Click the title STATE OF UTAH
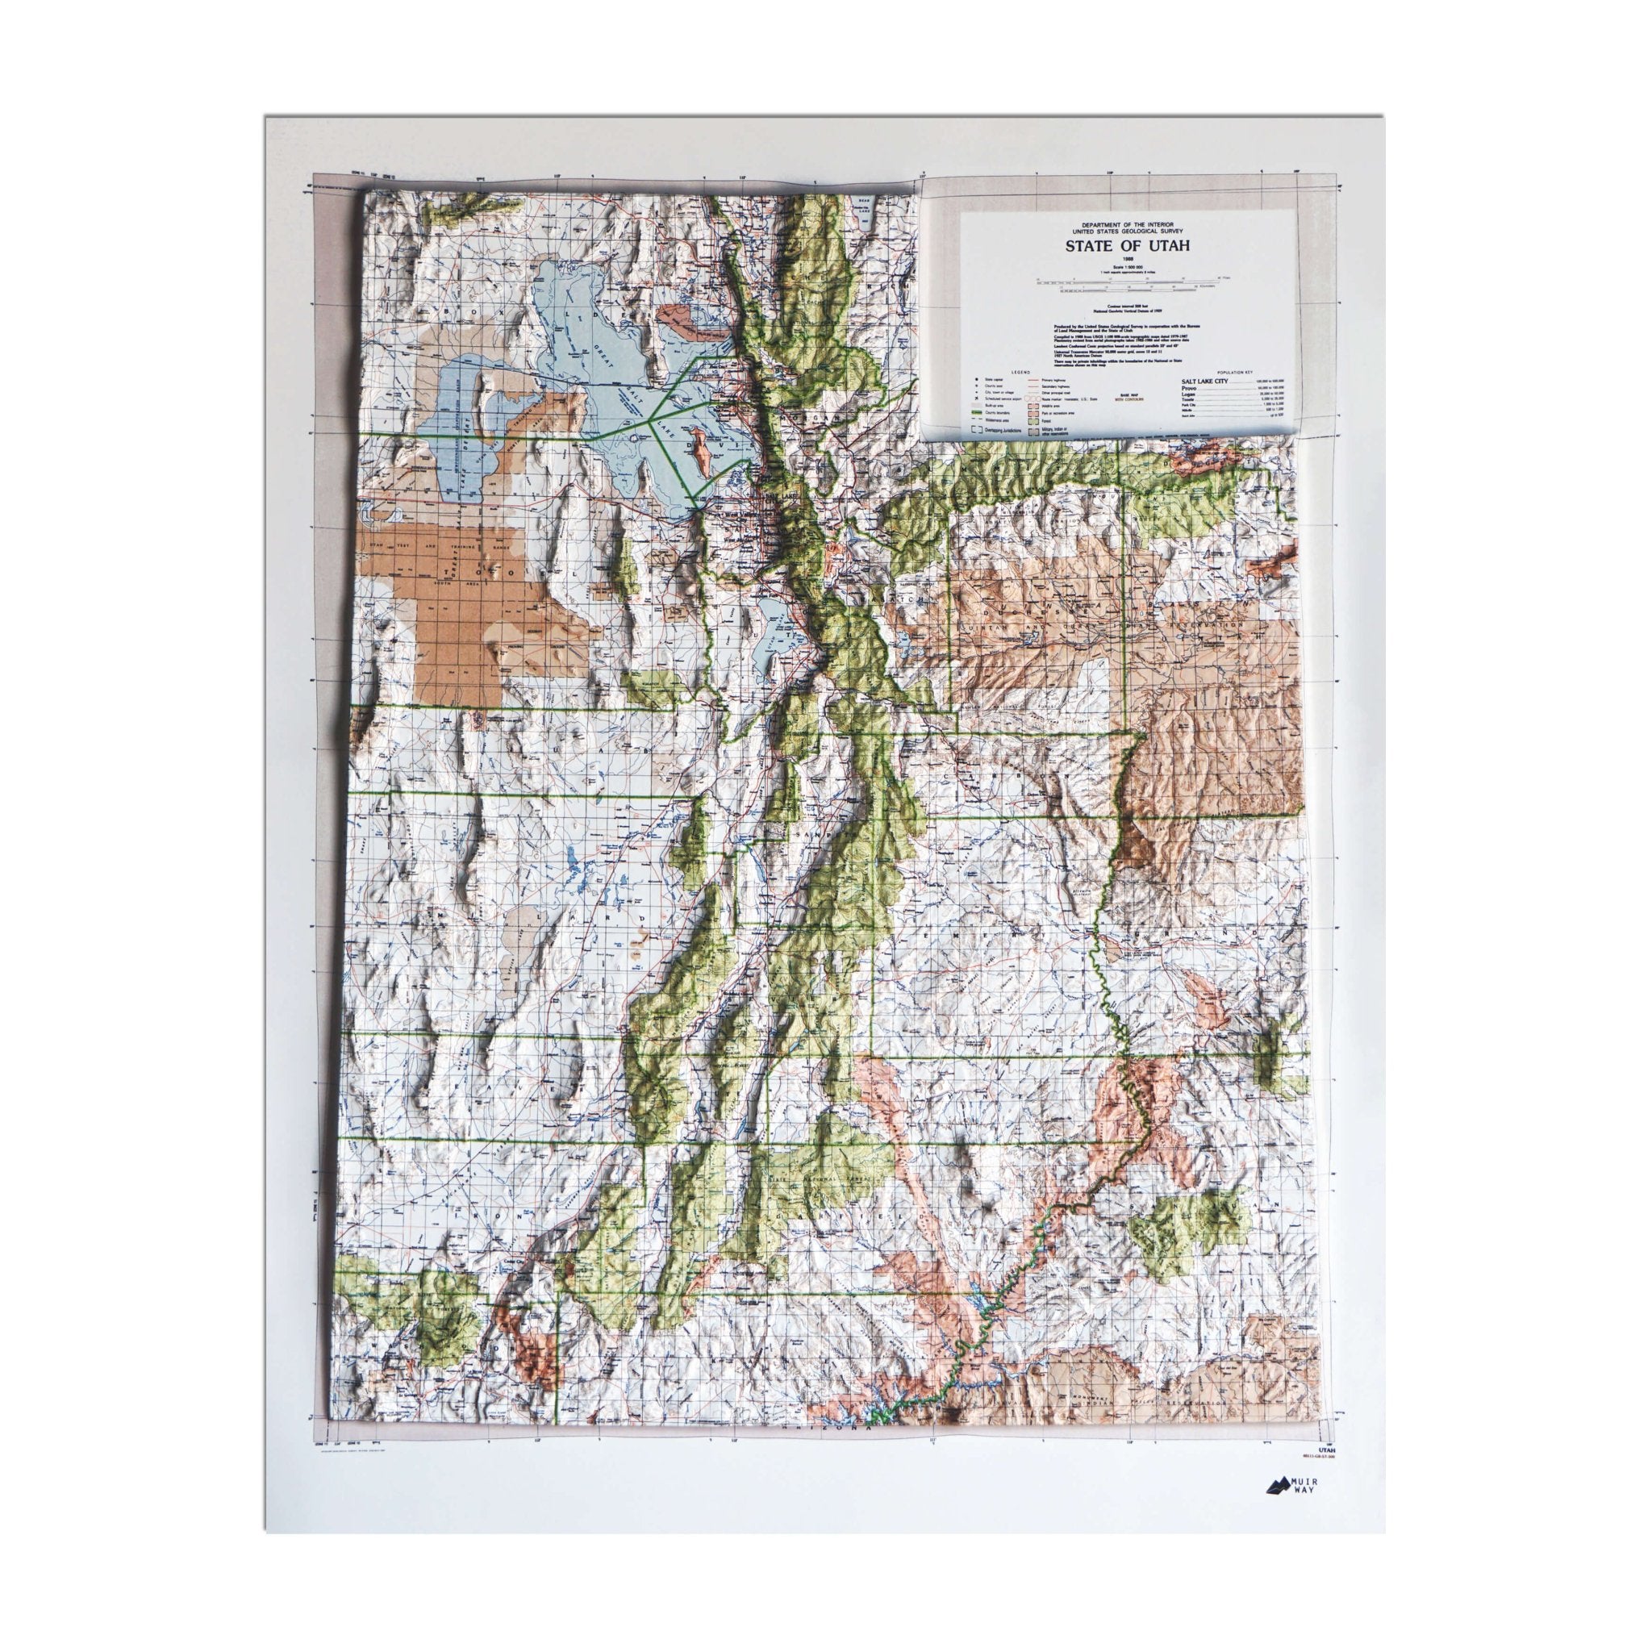[1127, 244]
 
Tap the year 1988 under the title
[1127, 259]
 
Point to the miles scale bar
[1127, 280]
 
